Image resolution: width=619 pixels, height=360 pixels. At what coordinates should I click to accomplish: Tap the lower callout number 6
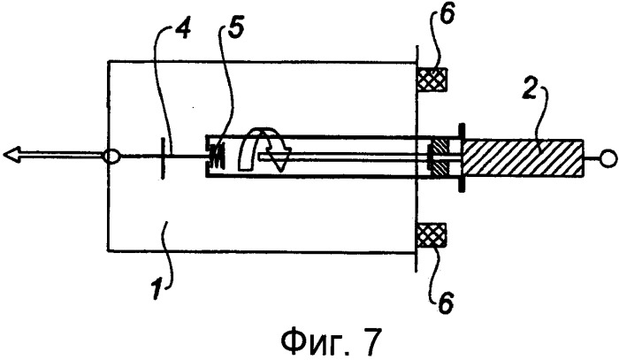point(446,303)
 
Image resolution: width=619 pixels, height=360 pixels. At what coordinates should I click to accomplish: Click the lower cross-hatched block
point(432,235)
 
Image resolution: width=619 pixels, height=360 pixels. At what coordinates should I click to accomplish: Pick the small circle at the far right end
point(608,158)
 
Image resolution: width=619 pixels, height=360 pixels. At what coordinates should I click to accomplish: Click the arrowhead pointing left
point(12,154)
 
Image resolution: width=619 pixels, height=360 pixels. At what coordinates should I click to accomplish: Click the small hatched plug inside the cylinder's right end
point(440,157)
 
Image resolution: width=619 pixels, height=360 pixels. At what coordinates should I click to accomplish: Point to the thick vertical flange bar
point(461,157)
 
